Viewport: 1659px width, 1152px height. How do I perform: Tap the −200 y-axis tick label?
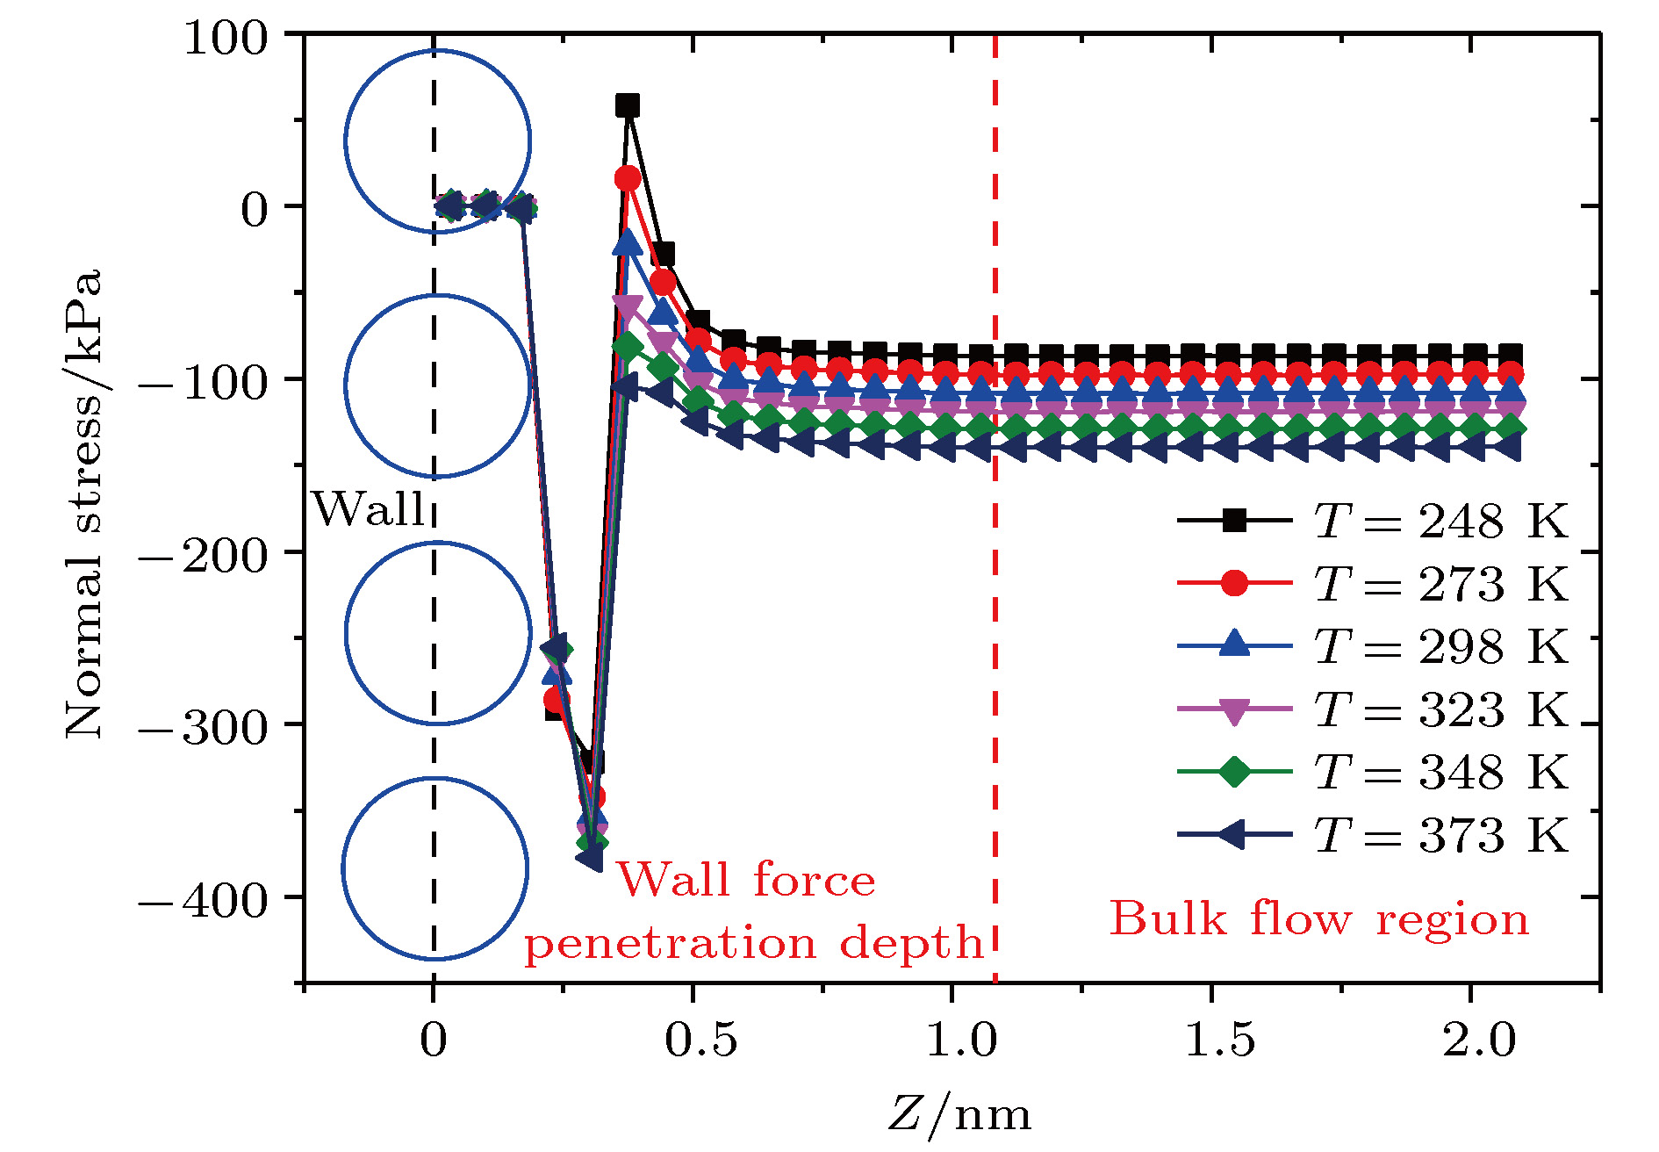(x=203, y=556)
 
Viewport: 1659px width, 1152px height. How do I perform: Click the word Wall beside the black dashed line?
(x=369, y=509)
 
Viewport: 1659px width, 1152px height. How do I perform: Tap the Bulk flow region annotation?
(x=1319, y=919)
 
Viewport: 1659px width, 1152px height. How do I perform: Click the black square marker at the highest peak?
(x=627, y=106)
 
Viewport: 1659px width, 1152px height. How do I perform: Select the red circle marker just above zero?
(x=627, y=179)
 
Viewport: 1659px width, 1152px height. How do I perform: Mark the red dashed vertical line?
(x=995, y=615)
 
